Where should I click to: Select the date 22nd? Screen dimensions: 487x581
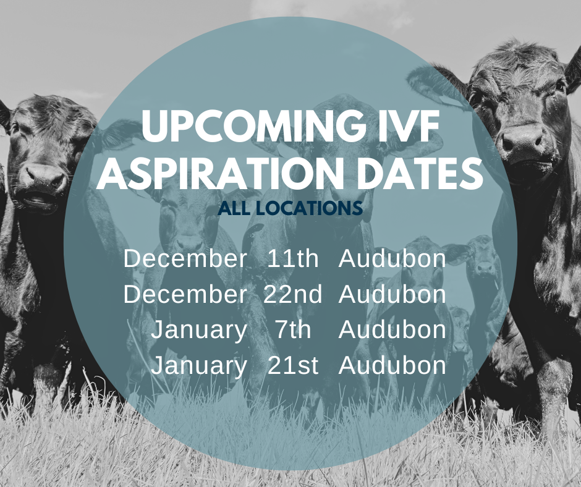click(293, 295)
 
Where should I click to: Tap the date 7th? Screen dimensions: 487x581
click(293, 330)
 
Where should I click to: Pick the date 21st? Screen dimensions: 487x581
click(293, 366)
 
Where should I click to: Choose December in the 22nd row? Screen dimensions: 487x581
click(185, 295)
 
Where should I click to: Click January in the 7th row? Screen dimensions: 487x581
click(199, 330)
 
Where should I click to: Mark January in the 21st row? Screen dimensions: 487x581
click(199, 366)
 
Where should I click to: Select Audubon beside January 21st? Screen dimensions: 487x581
click(392, 366)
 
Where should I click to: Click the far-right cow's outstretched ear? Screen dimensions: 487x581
click(433, 83)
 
